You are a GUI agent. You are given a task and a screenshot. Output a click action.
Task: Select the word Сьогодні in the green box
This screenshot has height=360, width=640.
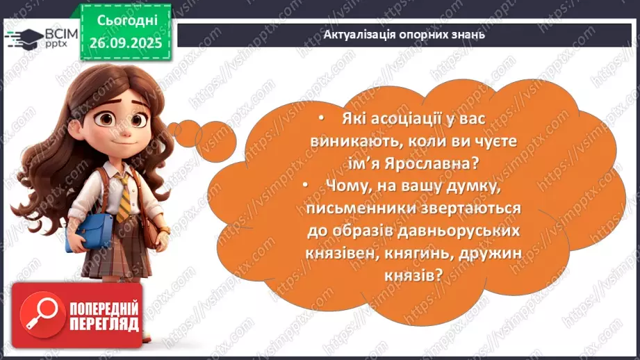pos(123,21)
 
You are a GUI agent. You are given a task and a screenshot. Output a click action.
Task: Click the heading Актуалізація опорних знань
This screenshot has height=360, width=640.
pos(405,34)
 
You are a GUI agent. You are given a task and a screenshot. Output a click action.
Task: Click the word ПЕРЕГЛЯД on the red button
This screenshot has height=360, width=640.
pos(104,323)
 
